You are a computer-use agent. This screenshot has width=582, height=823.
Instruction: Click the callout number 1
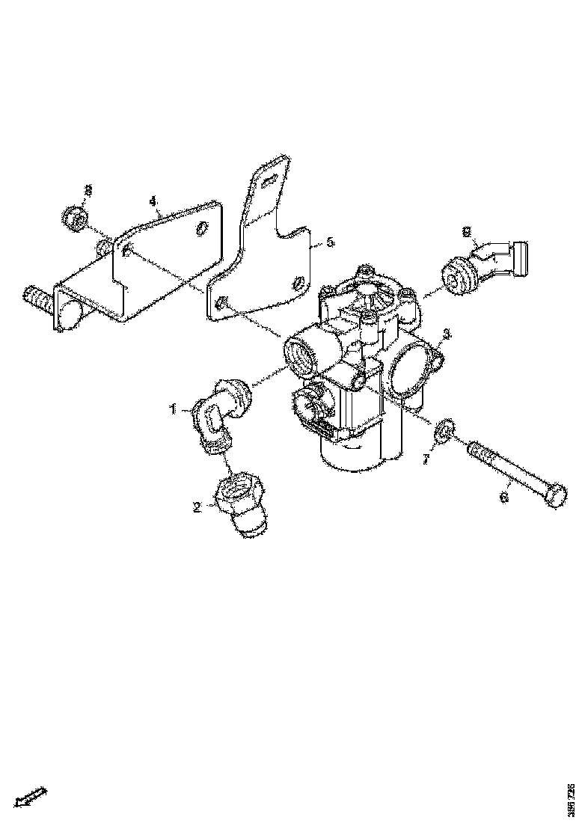(x=174, y=409)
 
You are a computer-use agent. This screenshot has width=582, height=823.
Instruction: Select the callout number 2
(x=197, y=507)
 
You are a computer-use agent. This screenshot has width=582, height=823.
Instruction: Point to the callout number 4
(x=153, y=201)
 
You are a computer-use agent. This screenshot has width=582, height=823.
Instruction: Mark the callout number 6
(x=503, y=496)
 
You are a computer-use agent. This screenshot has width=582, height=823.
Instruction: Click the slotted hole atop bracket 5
(x=270, y=180)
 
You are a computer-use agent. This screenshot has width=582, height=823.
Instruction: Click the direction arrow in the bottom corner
(x=31, y=796)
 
